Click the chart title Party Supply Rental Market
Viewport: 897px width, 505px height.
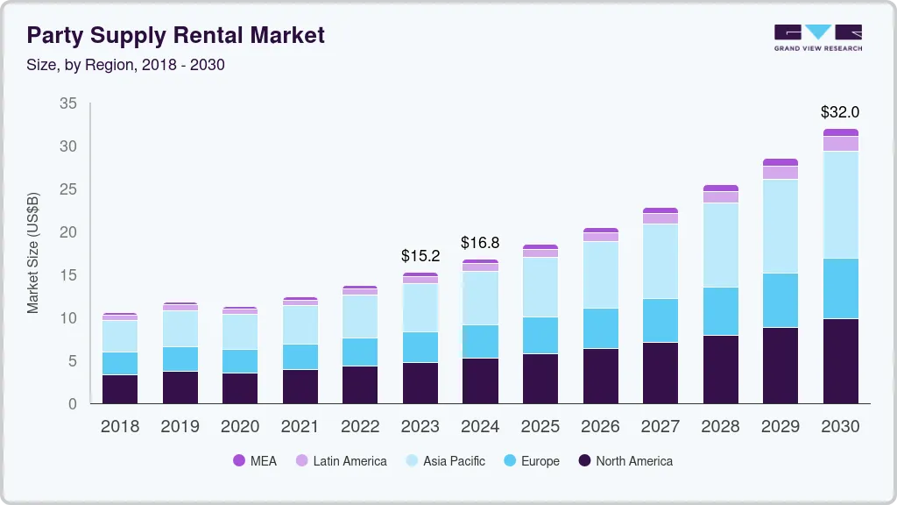point(175,35)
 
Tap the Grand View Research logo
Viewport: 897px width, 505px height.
point(817,38)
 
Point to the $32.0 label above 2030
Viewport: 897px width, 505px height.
point(839,112)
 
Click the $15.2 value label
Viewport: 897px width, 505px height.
point(420,256)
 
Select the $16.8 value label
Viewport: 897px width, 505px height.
point(480,242)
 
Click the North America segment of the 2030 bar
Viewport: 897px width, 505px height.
point(840,360)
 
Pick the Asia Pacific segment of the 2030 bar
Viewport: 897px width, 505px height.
point(840,204)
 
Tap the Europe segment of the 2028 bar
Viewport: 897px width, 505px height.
point(720,311)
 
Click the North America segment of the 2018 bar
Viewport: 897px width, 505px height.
point(120,388)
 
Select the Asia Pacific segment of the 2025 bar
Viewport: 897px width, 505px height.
point(540,287)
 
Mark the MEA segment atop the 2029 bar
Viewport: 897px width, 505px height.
point(780,162)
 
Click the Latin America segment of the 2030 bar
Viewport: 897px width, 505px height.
point(840,144)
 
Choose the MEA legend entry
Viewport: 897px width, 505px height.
point(254,461)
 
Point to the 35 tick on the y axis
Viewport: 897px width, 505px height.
point(67,103)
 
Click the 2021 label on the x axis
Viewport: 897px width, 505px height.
point(300,426)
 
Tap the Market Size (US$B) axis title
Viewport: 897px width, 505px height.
point(33,252)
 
